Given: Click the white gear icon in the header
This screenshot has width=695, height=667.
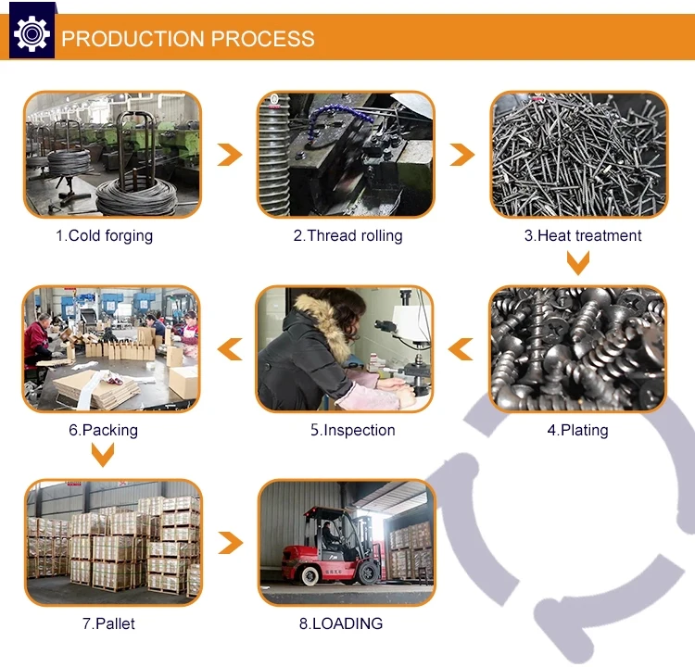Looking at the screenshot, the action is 32,33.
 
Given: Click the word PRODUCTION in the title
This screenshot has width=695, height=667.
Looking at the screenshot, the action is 133,39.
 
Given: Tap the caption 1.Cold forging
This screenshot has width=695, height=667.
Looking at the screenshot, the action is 104,236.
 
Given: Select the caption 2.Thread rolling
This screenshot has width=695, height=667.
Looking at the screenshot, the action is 347,236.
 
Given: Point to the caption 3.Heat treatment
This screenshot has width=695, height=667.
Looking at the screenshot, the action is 583,236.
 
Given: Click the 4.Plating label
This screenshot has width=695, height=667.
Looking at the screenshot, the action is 577,430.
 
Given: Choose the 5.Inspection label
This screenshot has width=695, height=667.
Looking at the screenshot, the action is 353,430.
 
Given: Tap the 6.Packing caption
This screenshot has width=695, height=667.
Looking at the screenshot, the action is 103,430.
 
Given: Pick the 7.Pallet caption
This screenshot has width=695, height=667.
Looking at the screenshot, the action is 108,623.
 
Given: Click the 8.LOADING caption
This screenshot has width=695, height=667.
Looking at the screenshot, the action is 341,623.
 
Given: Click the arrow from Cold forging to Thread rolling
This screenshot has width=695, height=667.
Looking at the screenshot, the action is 230,155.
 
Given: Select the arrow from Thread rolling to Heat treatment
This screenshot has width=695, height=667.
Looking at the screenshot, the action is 462,155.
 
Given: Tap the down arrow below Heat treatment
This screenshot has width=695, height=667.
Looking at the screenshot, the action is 578,263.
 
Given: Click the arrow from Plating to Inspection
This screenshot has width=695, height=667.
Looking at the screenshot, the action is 461,349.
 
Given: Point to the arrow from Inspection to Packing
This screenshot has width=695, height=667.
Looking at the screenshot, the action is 230,349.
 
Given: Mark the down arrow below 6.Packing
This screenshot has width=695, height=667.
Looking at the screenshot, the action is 103,455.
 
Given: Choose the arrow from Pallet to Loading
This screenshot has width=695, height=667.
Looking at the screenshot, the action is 231,543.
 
